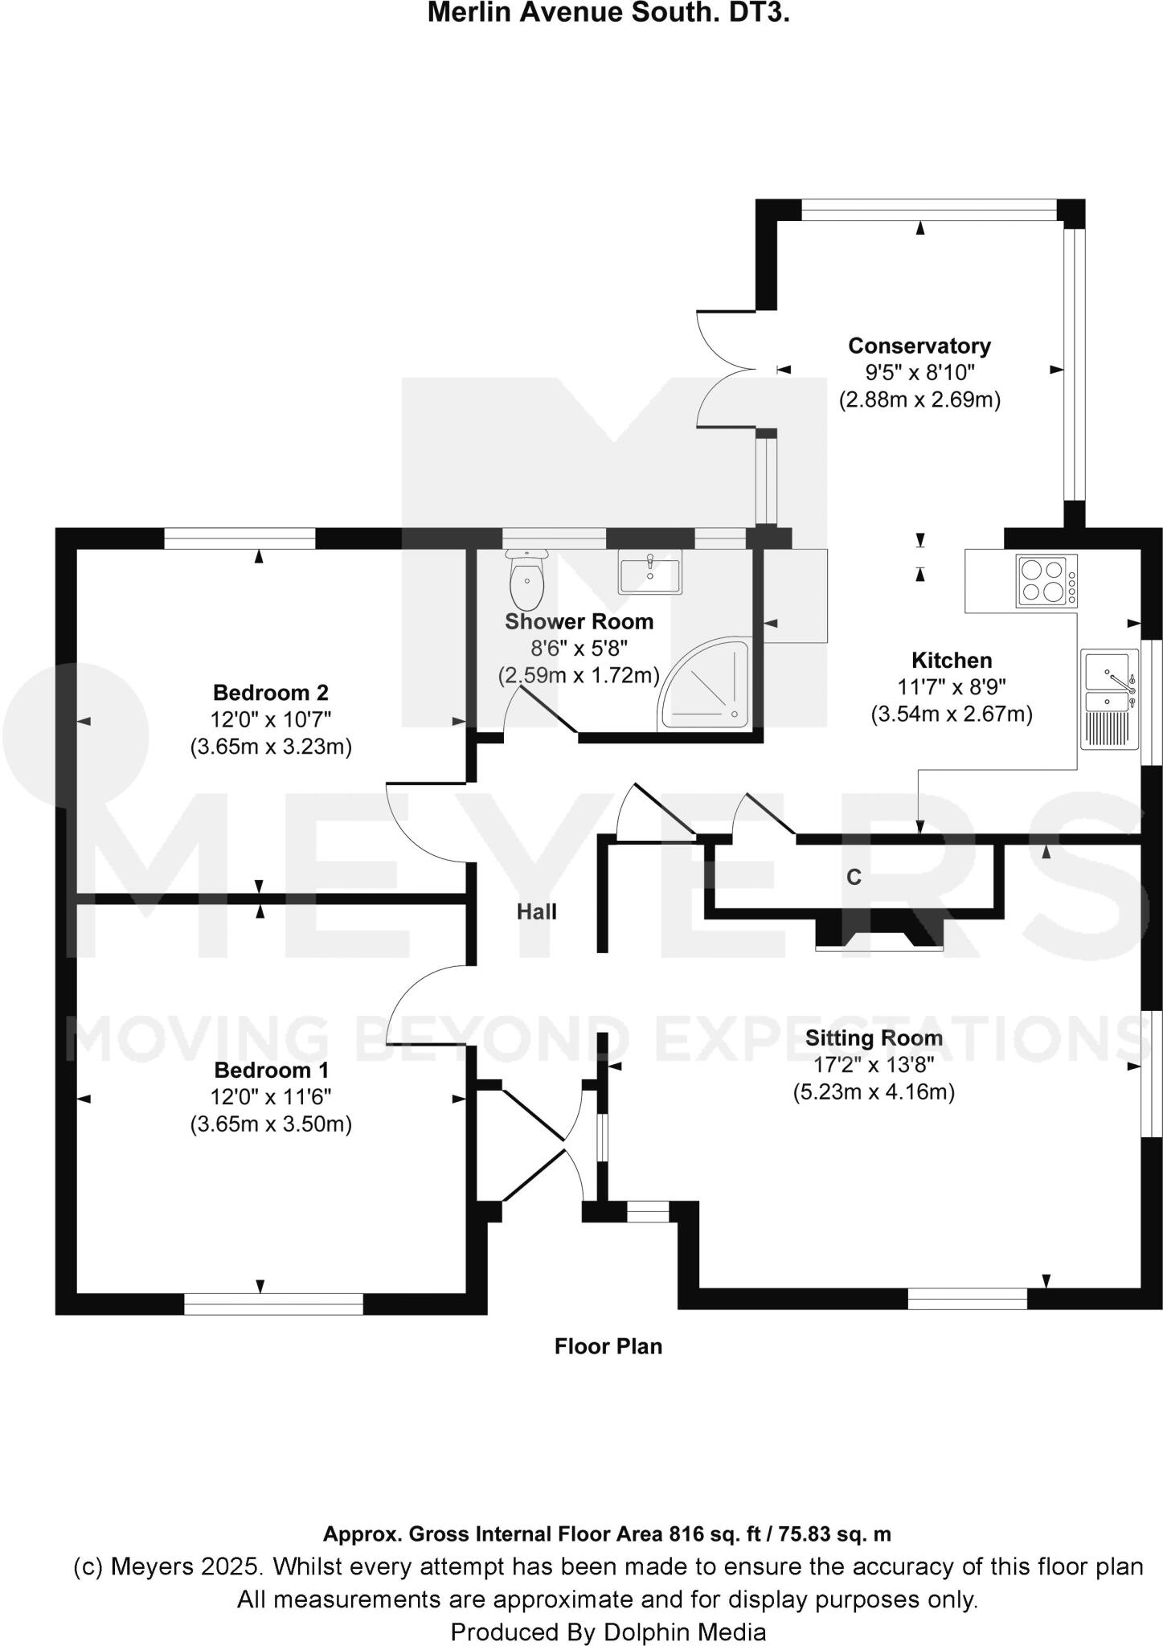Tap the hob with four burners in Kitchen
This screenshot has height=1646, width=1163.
click(x=1046, y=581)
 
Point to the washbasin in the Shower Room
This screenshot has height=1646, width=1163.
click(x=649, y=571)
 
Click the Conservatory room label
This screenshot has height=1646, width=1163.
click(x=919, y=346)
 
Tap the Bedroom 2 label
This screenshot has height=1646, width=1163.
click(x=271, y=692)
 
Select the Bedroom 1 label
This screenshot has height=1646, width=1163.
click(x=271, y=1071)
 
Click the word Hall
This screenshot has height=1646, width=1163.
click(x=536, y=911)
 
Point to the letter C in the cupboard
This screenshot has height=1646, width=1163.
click(x=854, y=878)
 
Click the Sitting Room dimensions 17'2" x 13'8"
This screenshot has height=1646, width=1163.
click(x=874, y=1065)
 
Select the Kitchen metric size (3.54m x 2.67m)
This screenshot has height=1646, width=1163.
click(x=952, y=714)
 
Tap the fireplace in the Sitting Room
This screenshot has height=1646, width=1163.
click(x=879, y=932)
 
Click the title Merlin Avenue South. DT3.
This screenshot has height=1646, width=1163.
click(x=608, y=13)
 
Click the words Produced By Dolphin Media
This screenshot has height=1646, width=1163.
click(x=608, y=1632)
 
